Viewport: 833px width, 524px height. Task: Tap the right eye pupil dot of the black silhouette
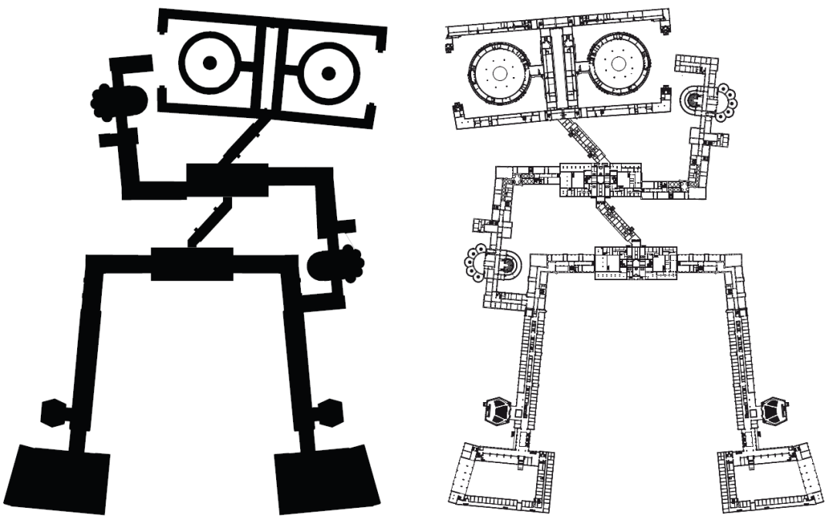click(x=329, y=73)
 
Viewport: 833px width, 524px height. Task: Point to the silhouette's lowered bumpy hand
click(x=335, y=265)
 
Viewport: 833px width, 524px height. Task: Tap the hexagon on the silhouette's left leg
click(x=55, y=413)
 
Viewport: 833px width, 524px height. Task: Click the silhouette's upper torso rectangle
click(x=227, y=179)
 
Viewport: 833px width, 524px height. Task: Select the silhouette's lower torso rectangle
click(x=192, y=264)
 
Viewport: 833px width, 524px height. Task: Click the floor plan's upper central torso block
click(x=600, y=177)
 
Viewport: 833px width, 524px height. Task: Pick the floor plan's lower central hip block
click(x=636, y=262)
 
